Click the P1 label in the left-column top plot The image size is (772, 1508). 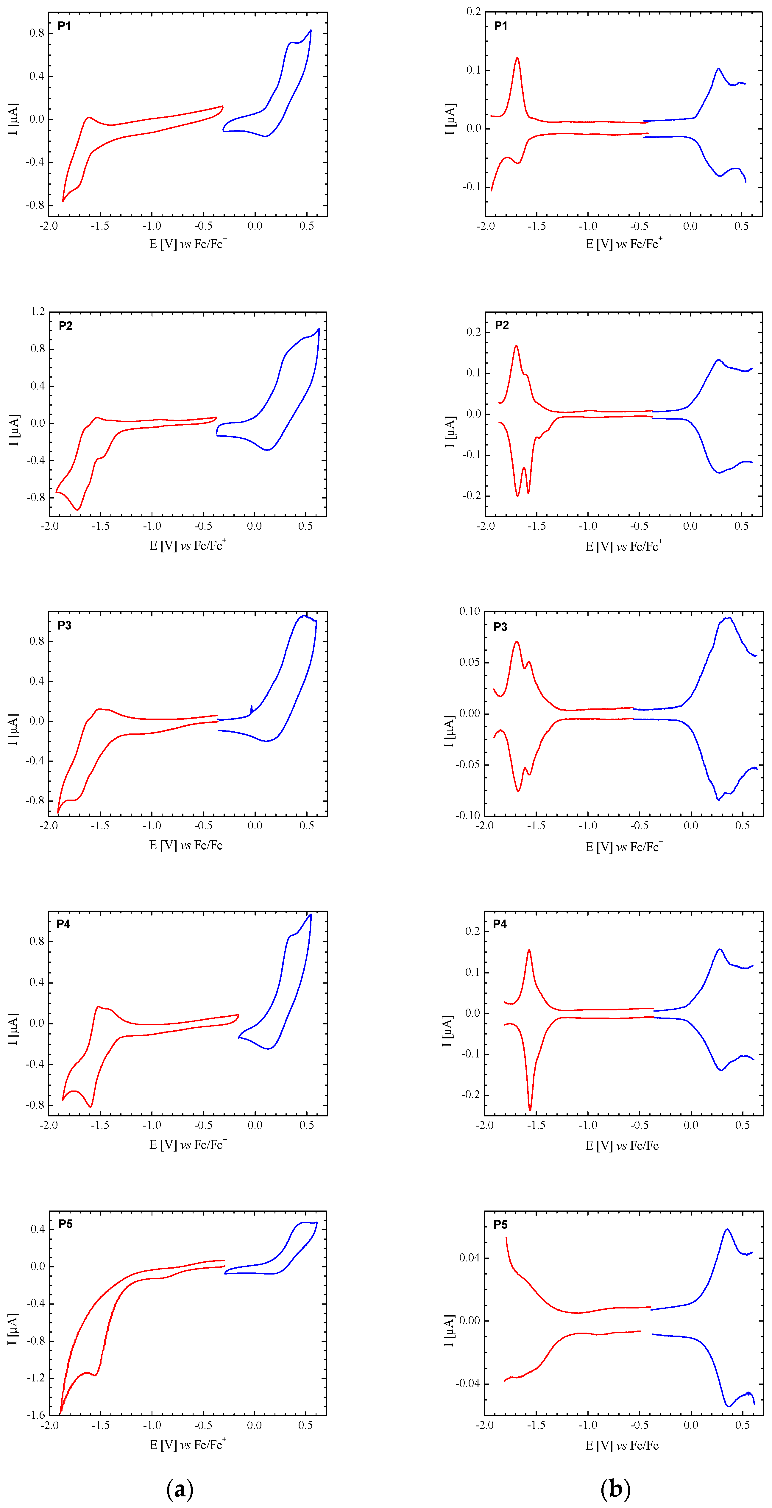(64, 26)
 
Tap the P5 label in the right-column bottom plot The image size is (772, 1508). (500, 1225)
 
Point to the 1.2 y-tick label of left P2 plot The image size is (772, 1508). (38, 311)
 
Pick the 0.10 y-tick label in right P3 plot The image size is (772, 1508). (470, 611)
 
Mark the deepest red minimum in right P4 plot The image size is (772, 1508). (530, 1110)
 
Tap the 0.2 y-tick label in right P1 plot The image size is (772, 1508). (473, 12)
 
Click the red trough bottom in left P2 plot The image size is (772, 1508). (78, 509)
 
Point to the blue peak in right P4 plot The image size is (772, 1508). (719, 950)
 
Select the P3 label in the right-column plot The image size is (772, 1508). (500, 627)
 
